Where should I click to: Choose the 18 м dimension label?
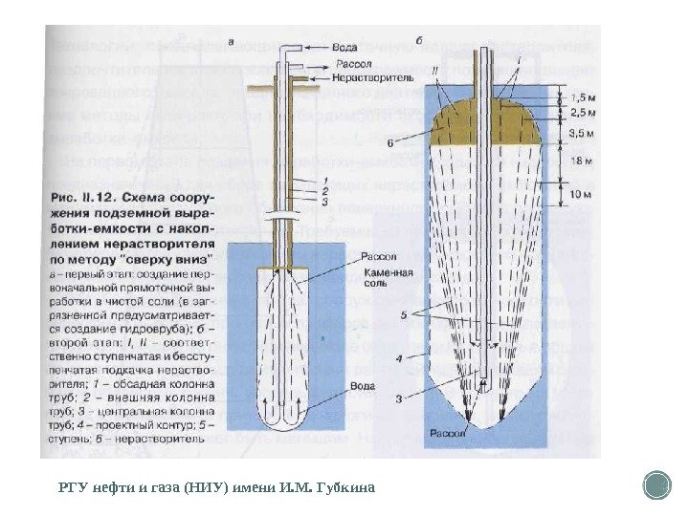(582, 162)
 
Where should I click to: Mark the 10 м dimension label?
(582, 195)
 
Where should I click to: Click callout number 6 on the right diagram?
(391, 144)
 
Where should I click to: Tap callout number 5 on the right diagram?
(404, 314)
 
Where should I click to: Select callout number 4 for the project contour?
(402, 359)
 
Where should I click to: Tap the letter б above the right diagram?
(422, 41)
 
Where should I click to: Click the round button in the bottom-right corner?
(657, 484)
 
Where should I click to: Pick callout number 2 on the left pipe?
(324, 194)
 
